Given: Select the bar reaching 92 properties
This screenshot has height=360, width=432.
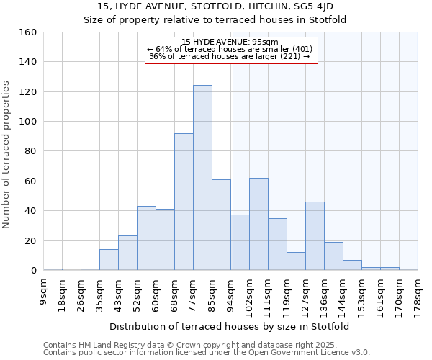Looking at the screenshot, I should click(184, 202).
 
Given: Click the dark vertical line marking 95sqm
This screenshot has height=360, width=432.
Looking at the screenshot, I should click(233, 166).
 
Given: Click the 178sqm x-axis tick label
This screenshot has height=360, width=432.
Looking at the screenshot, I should click(418, 292).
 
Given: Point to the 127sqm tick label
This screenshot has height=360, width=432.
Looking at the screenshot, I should click(306, 292).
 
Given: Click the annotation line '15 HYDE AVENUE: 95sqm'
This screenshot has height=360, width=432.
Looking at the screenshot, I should click(230, 42).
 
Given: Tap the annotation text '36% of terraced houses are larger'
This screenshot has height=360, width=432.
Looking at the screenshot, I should click(229, 56).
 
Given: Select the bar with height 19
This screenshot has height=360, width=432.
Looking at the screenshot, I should click(333, 256).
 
